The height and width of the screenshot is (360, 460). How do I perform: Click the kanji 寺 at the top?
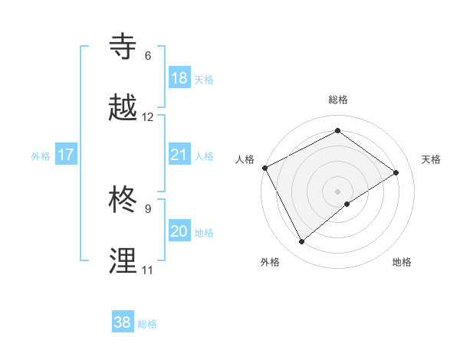tap(124, 47)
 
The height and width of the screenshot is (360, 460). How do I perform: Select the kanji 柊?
tap(124, 200)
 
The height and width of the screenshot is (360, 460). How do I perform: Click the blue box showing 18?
tap(179, 78)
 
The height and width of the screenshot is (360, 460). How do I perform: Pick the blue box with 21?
tap(179, 155)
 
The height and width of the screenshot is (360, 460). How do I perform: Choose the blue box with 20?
tap(179, 231)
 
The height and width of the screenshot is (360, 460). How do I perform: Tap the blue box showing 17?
tap(66, 155)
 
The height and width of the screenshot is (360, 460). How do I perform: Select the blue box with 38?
tap(123, 322)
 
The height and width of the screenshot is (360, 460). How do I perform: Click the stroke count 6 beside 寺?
tap(148, 56)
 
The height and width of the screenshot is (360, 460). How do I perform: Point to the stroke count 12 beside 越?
tap(148, 117)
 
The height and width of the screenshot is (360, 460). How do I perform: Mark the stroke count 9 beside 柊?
tap(148, 208)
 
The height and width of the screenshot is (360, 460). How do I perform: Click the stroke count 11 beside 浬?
tap(147, 270)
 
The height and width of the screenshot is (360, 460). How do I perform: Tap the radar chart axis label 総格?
tap(338, 100)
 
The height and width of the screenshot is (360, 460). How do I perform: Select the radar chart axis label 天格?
tap(432, 159)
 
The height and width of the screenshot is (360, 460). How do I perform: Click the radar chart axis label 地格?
tap(402, 262)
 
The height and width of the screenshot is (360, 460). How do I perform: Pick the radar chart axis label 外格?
tap(270, 262)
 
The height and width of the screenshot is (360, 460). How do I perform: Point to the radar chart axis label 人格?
tap(245, 159)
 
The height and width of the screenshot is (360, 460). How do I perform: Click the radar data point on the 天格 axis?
tap(396, 172)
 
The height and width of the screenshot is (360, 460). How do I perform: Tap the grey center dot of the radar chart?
tap(337, 191)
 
